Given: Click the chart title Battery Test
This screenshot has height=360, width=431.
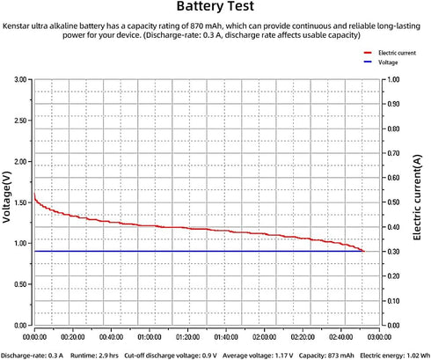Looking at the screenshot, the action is point(215,6).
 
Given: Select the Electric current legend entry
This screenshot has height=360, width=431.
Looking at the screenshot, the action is point(390,53).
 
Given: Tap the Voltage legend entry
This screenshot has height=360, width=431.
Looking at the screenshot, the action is point(381,62).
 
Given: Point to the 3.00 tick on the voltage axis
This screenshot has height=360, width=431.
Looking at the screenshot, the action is point(20,79).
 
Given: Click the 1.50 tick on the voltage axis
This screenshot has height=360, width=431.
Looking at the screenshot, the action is point(20,202).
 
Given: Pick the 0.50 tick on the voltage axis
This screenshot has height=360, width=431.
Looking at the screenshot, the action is point(20,284).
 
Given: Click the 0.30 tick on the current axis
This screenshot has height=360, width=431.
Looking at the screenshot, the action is point(393,252).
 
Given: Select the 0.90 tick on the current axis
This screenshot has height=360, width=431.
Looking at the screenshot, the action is point(393,104).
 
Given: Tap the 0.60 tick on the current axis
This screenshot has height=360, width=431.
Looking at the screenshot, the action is point(393,178).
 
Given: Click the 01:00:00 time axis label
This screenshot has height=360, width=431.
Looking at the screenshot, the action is point(150,337).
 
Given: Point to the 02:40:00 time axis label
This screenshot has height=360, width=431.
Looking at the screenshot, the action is point(341,337).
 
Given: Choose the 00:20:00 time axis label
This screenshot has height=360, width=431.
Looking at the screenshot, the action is point(73,337).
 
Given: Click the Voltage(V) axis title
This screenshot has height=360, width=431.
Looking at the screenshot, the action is point(7,197).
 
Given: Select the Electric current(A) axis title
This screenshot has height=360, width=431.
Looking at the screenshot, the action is point(417,197).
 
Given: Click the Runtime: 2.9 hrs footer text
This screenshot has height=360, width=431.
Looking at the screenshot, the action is point(94,356).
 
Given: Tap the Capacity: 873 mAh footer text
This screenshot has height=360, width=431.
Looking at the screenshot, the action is point(326,356).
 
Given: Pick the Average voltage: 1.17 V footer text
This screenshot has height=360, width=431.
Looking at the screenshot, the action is point(258,356).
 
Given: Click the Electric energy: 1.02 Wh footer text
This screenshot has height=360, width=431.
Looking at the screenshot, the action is point(395,356).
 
